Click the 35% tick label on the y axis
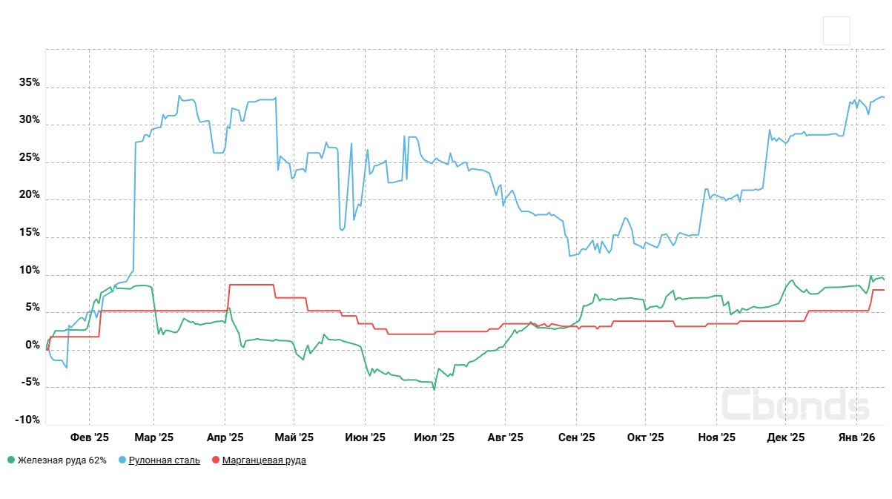click(30, 83)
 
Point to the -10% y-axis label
click(27, 420)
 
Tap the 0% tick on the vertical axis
click(33, 345)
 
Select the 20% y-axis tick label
click(30, 195)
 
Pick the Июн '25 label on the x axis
click(365, 437)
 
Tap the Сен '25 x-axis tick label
click(576, 437)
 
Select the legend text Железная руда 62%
click(62, 460)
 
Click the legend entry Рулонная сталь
click(164, 460)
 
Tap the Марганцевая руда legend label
click(265, 460)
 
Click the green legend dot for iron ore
click(10, 460)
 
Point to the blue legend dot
click(122, 460)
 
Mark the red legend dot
click(216, 460)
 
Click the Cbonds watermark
click(795, 405)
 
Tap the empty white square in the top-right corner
click(836, 31)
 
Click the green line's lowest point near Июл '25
click(434, 389)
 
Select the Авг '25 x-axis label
click(506, 437)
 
